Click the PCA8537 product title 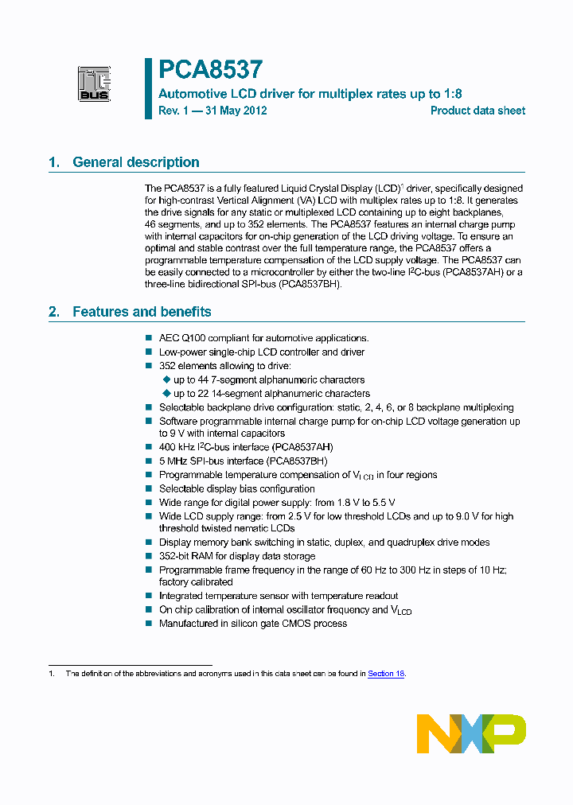click(x=210, y=70)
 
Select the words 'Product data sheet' click(x=477, y=111)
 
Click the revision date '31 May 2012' click(x=236, y=111)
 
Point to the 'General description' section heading click(x=136, y=162)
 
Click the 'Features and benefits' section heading click(x=142, y=312)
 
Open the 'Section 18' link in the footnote click(x=386, y=673)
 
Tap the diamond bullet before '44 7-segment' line click(x=166, y=380)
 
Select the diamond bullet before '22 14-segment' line click(x=166, y=394)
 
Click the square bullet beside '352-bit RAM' click(x=149, y=556)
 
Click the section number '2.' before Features click(x=54, y=312)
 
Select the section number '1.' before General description click(x=54, y=162)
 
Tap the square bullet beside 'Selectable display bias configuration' click(x=149, y=489)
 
